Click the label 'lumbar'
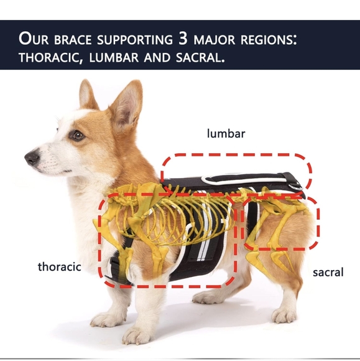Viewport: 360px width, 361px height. click(226, 133)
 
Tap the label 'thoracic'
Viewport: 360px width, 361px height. click(60, 267)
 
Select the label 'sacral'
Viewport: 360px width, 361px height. click(328, 273)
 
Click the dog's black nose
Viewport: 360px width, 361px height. click(30, 158)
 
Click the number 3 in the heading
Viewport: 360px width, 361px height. click(184, 39)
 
